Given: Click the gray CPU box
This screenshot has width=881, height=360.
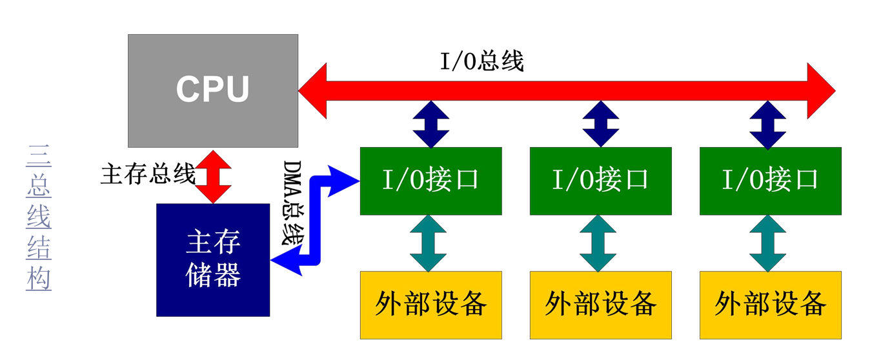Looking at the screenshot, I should pos(213,90).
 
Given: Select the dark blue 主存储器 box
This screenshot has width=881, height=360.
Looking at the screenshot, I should pos(213,259).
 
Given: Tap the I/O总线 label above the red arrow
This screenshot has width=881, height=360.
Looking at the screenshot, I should pos(482,61).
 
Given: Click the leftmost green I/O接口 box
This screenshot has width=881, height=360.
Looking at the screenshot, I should pos(430,181).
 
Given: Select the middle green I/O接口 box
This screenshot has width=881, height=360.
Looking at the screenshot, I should pos(600,181).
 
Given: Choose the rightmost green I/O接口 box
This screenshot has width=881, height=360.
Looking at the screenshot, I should pos(770,181).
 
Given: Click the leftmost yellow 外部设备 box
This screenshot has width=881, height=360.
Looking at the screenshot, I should pos(430,305).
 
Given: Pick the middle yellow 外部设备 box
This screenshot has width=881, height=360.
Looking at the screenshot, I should pos(600,305).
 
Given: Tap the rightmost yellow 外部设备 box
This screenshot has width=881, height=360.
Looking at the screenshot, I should pos(770,305).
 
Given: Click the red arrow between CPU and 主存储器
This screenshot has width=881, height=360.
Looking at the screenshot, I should pos(213,175).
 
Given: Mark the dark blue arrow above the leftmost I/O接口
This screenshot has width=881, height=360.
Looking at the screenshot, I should pos(430,125).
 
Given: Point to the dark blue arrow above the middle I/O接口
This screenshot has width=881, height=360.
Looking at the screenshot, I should pos(600,125).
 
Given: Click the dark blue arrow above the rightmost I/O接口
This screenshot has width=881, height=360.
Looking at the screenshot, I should pos(768,125).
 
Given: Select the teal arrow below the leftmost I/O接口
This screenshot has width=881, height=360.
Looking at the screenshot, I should pos(429,243).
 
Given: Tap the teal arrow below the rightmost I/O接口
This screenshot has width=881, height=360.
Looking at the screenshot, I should pos(768,243).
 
